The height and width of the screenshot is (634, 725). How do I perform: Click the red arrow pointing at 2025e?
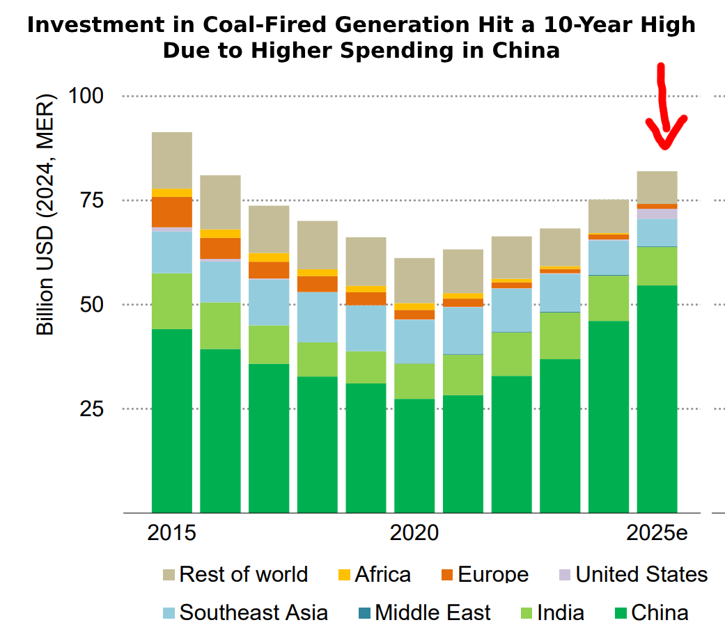(663, 106)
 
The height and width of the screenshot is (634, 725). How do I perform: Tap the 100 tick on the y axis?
(86, 96)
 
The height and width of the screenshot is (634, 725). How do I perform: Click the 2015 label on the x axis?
(171, 533)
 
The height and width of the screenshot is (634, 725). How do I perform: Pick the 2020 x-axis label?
(414, 533)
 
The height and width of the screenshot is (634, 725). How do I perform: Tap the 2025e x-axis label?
(657, 533)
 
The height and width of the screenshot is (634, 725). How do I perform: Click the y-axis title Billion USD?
(45, 214)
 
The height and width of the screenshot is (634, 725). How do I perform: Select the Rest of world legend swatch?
(169, 575)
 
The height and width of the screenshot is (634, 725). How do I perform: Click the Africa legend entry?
(375, 575)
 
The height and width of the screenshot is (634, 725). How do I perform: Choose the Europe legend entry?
(485, 575)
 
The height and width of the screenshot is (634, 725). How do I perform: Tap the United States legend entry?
(634, 575)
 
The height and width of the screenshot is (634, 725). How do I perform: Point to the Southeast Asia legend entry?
(246, 612)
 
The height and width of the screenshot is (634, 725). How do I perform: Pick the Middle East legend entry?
(424, 612)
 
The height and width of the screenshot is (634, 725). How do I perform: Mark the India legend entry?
(552, 612)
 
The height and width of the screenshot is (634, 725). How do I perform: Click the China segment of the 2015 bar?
(172, 421)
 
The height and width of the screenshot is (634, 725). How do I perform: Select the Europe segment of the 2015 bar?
(172, 212)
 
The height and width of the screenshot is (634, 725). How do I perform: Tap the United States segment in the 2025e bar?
(657, 214)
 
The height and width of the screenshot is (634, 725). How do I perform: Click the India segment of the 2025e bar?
(657, 266)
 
